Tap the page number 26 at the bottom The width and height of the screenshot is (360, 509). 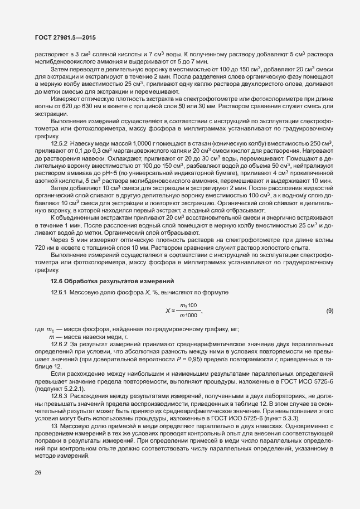pos(38,473)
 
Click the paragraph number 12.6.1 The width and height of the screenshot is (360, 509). pos(60,292)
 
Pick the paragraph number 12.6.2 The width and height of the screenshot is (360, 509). pos(60,344)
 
